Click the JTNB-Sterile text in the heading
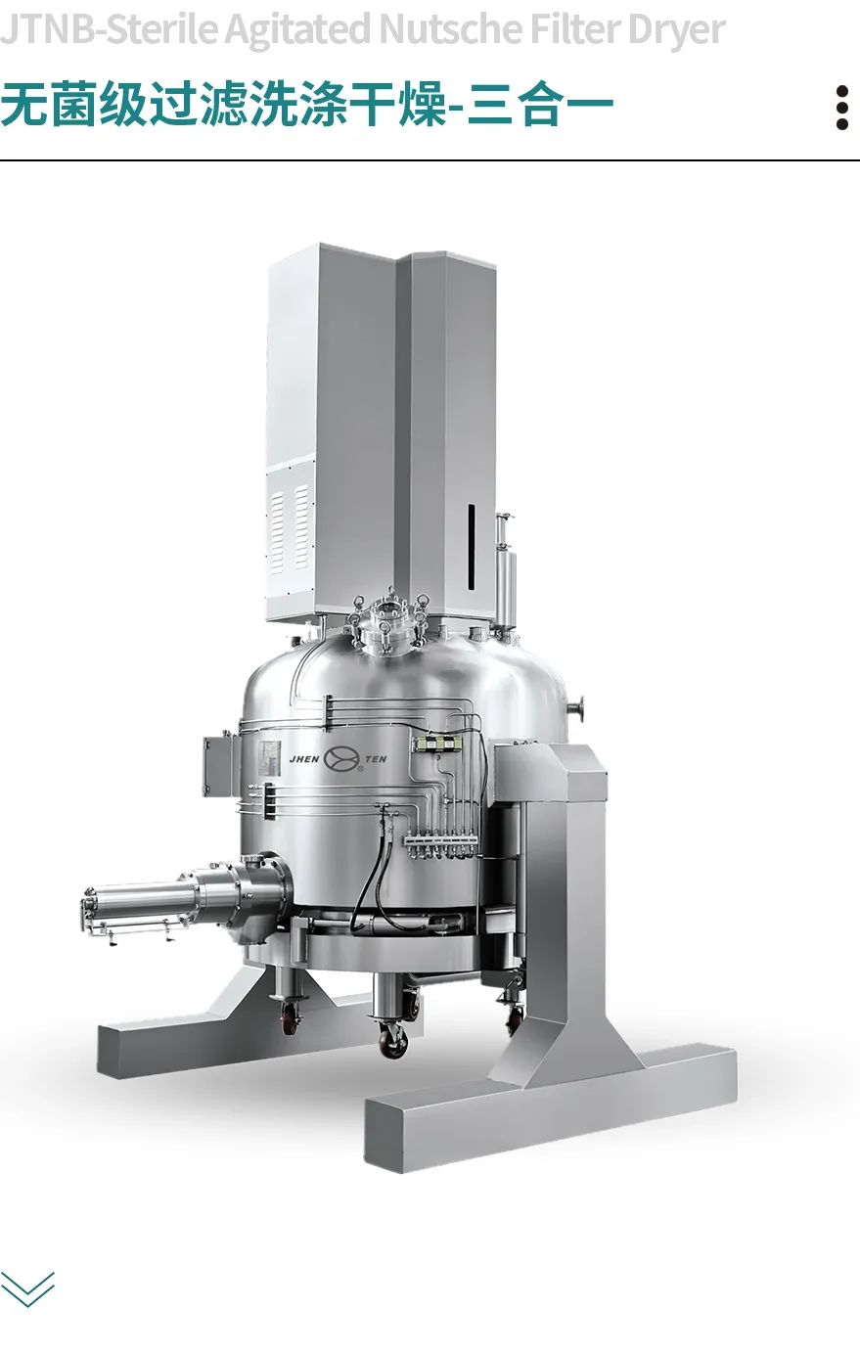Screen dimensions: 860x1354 [109, 28]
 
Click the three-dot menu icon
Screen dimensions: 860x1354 [841, 108]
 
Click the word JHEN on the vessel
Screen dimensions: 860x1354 [304, 759]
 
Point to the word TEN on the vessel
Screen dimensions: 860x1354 [376, 759]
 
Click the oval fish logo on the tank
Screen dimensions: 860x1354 [342, 760]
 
